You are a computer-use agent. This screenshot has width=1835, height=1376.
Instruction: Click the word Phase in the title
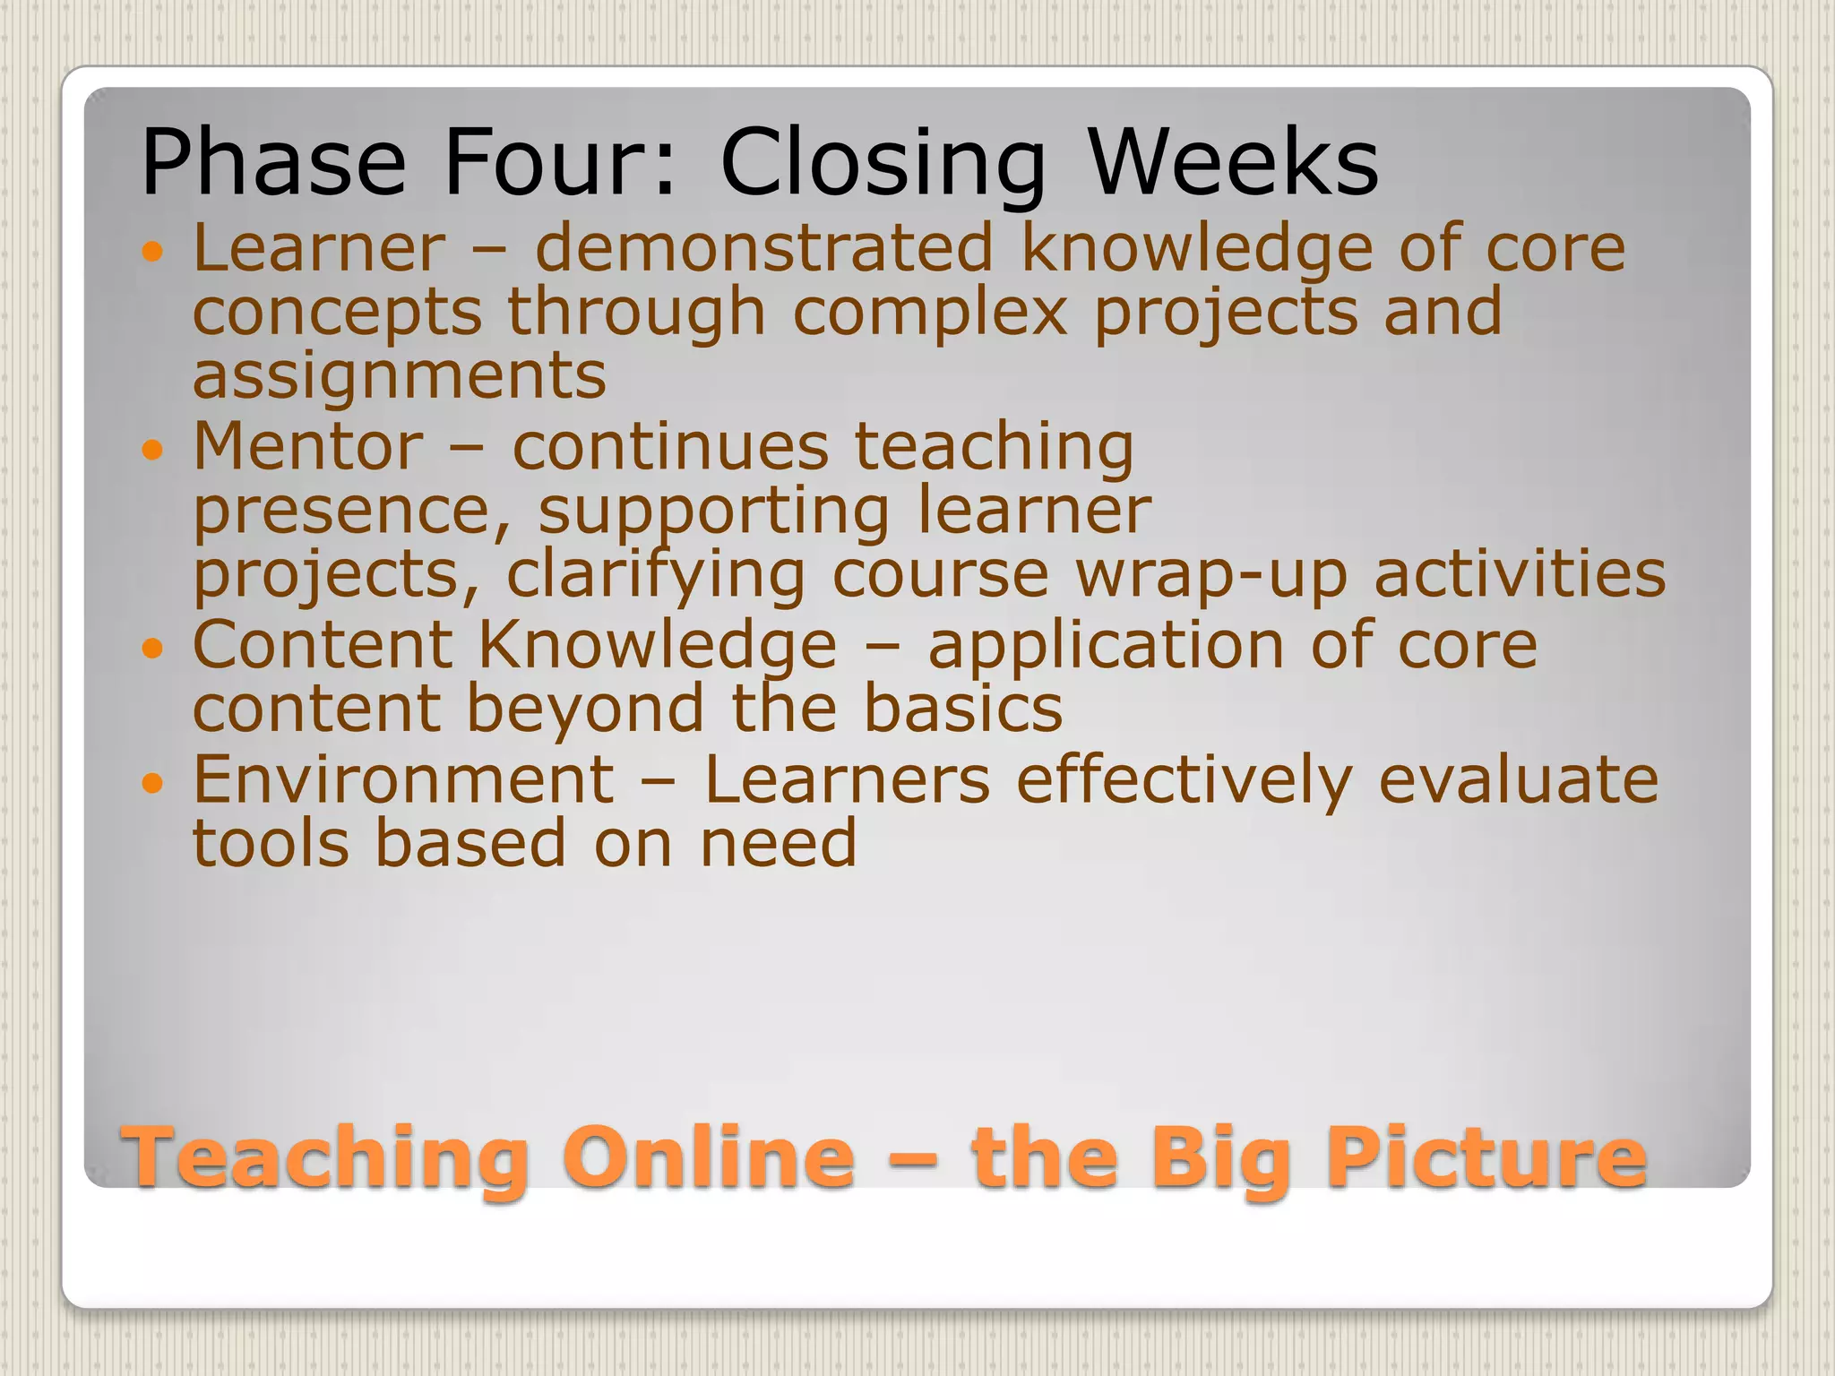[x=273, y=163]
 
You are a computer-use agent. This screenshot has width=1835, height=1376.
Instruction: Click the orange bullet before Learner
[x=153, y=252]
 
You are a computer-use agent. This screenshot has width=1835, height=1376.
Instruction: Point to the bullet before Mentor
[x=153, y=450]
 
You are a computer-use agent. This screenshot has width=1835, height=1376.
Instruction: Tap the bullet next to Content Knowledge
[x=153, y=648]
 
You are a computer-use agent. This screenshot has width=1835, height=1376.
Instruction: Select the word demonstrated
[x=764, y=247]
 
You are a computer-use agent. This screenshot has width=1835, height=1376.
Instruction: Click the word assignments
[x=400, y=376]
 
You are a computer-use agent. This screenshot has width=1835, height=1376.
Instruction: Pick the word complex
[x=930, y=314]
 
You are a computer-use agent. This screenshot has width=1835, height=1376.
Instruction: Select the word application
[x=1106, y=646]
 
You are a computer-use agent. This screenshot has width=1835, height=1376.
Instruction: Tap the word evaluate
[x=1518, y=779]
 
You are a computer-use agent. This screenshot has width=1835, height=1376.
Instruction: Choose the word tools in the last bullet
[x=271, y=844]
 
